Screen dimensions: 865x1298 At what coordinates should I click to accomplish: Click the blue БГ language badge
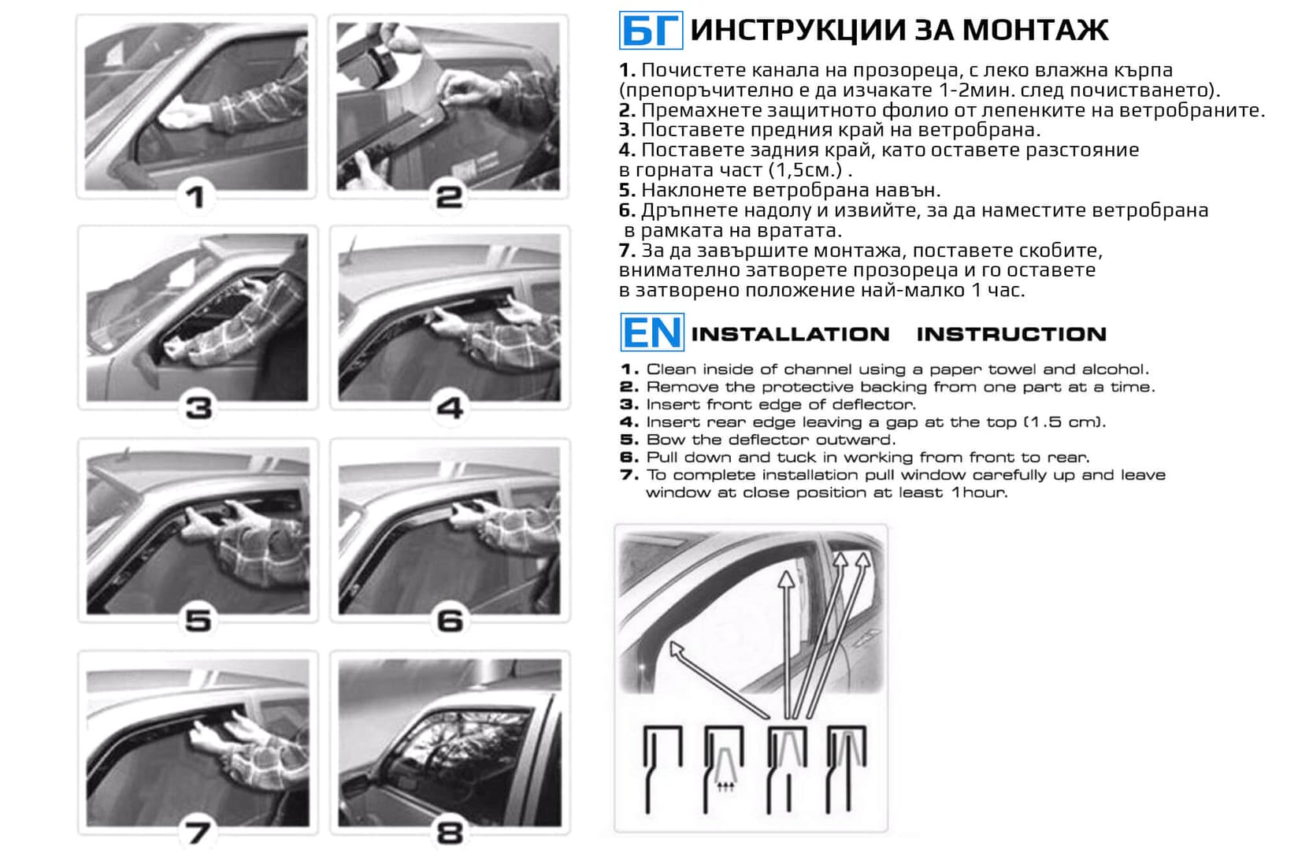(651, 31)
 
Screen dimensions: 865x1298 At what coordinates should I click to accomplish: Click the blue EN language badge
(651, 332)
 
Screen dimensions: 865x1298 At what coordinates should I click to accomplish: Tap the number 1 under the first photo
(195, 197)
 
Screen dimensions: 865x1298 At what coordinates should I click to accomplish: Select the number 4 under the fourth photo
(450, 408)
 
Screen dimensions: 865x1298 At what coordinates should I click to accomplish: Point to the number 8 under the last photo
(450, 833)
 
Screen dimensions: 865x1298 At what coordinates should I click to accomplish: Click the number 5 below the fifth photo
(198, 621)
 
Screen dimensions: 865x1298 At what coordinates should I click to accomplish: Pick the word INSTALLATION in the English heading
(790, 334)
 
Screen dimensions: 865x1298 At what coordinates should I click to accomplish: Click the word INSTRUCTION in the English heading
(1011, 334)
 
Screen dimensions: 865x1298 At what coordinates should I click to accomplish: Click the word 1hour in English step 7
(978, 493)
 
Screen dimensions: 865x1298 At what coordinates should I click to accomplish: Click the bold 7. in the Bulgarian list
(627, 251)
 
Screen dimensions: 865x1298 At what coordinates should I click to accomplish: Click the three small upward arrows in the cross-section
(725, 786)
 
